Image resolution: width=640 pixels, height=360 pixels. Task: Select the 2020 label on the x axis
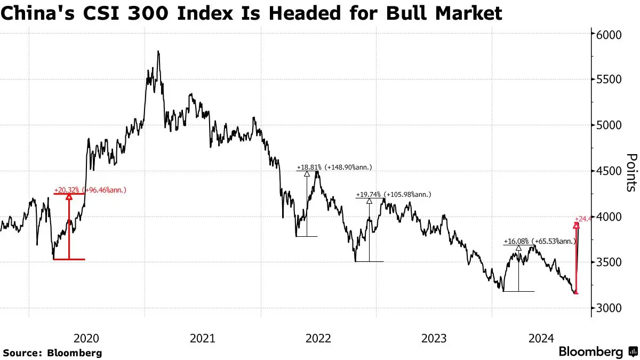[86, 338]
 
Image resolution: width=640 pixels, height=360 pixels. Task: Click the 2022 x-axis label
[319, 338]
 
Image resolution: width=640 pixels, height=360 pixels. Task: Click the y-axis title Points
[631, 172]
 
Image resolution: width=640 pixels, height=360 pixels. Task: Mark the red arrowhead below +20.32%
[69, 197]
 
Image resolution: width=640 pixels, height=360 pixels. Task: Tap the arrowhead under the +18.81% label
[307, 173]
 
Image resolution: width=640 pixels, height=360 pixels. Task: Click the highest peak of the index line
[158, 52]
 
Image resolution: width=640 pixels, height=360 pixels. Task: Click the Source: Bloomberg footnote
[52, 353]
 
